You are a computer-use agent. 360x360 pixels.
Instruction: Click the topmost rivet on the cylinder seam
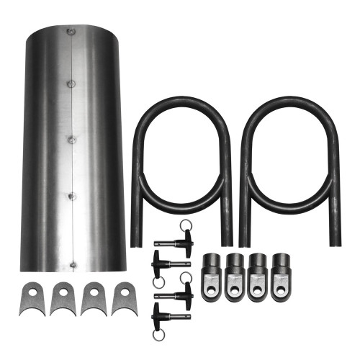click(x=70, y=32)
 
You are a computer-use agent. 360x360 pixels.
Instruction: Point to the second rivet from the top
click(x=71, y=84)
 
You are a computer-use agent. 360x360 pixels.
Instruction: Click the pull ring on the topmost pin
click(x=186, y=225)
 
